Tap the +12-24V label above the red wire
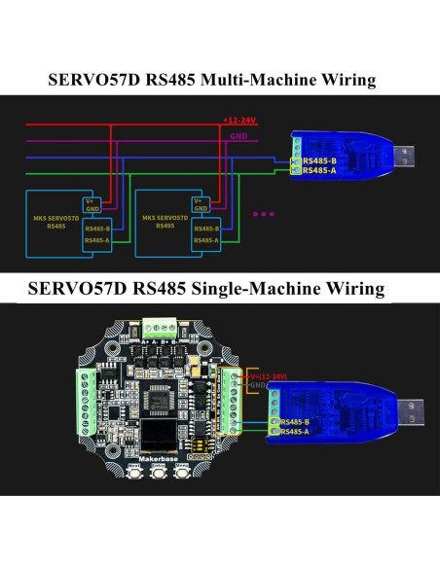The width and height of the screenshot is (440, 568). pyautogui.click(x=239, y=121)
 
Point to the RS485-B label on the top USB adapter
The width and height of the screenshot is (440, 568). pyautogui.click(x=319, y=160)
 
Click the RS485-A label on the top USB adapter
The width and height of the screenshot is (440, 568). pyautogui.click(x=319, y=170)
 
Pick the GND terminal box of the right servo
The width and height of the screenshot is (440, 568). pyautogui.click(x=200, y=210)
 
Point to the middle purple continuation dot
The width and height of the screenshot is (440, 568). pyautogui.click(x=264, y=212)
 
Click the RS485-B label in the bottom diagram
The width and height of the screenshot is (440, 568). pyautogui.click(x=292, y=422)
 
